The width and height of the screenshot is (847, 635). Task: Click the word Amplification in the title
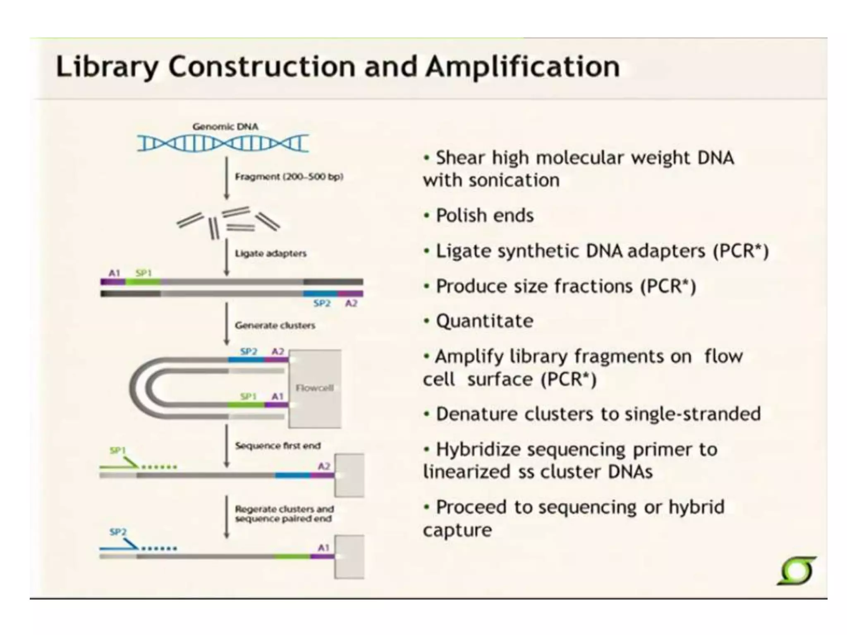coord(523,67)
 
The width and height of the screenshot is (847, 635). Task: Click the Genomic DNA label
coord(225,127)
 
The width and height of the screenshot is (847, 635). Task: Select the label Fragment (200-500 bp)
coord(289,177)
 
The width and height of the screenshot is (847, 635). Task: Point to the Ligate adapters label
coord(270,253)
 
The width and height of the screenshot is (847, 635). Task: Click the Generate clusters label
coord(275,325)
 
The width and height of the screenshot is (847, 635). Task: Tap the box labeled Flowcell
coord(315,388)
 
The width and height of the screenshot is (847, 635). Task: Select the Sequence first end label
coord(278,446)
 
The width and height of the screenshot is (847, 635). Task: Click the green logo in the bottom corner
coord(797,571)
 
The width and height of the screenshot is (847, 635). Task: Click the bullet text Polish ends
coord(485,216)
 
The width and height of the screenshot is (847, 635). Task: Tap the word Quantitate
coord(485,321)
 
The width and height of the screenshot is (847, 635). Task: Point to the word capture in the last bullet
coord(457,530)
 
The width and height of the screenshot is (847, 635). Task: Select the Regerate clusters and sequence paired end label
coord(284,514)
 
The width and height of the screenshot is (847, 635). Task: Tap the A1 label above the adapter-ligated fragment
coord(114,273)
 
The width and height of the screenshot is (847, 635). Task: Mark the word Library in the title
coord(107,67)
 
